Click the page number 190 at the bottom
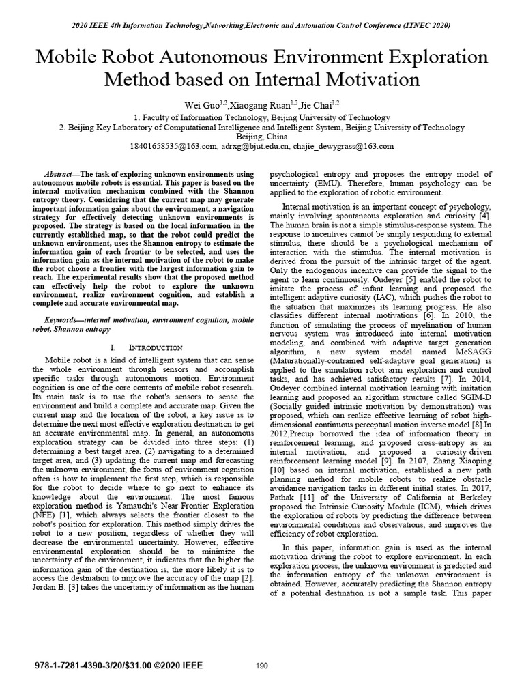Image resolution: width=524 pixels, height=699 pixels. tap(261, 666)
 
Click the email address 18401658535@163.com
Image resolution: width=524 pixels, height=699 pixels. tap(173, 147)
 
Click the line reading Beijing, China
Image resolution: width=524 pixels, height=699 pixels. tap(261, 137)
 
